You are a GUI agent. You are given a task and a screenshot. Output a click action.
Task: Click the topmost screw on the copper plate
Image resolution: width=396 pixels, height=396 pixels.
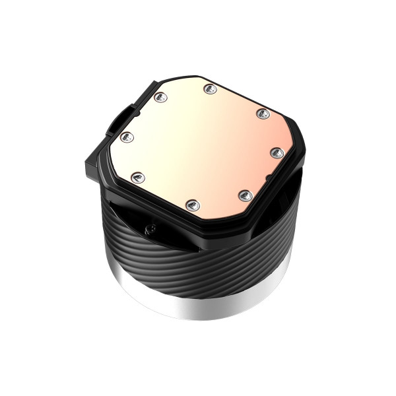211,88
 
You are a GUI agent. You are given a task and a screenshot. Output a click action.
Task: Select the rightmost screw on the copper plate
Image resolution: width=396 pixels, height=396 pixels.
275,153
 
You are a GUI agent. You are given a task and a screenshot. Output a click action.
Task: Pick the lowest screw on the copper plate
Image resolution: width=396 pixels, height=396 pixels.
193,204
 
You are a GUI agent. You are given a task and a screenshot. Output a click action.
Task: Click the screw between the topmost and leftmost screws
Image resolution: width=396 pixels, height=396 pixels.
160,98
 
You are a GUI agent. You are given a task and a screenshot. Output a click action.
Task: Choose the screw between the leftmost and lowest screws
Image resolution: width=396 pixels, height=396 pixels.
138,176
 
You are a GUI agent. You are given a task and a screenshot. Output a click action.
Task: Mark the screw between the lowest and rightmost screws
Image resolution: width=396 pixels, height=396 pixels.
244,195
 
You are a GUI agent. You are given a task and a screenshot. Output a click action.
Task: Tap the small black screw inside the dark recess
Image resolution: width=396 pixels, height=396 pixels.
150,228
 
